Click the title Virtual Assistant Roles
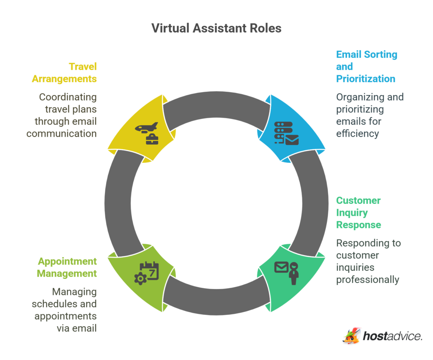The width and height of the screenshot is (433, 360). coord(216,28)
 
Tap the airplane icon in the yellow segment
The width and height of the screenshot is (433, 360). coord(146,127)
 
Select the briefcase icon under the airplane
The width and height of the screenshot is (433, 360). coord(152,139)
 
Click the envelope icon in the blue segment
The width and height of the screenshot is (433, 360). coord(292,140)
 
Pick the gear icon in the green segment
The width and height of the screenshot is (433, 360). coord(140,278)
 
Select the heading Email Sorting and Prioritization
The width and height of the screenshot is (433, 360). coord(366,66)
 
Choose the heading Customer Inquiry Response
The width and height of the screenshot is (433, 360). coord(358,212)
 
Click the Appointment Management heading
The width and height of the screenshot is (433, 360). coord(67,267)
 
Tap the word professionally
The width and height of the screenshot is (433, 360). coord(367,279)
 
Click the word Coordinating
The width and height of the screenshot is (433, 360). coord(68,97)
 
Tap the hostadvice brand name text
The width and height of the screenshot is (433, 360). coord(392,337)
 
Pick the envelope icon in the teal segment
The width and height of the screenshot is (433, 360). coord(281,267)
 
